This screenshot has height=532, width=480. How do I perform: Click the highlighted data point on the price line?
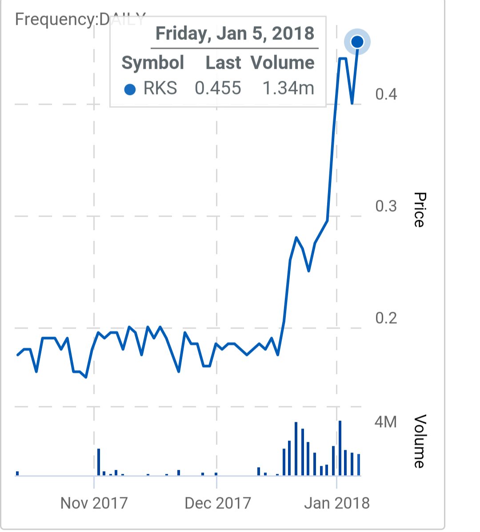click(x=357, y=42)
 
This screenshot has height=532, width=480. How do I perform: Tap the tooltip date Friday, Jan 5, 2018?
click(x=235, y=34)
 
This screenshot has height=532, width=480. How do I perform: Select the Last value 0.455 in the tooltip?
click(x=218, y=88)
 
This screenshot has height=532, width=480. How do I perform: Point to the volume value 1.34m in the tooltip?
click(x=288, y=88)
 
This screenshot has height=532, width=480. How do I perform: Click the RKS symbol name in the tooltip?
click(x=160, y=88)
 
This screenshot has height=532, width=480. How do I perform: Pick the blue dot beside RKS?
click(x=130, y=89)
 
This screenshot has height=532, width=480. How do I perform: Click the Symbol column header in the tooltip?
click(x=152, y=63)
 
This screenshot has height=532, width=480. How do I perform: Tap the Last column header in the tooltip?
click(x=223, y=63)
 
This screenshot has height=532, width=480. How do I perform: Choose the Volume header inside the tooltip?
click(x=282, y=63)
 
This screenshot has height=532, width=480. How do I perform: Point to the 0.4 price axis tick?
click(x=386, y=94)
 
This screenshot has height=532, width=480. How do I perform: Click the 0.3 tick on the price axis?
click(x=386, y=206)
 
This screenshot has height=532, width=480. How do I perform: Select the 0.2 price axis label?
click(x=386, y=318)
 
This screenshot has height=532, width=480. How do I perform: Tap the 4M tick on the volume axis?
click(x=385, y=421)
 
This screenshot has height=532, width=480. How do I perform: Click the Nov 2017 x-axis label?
click(x=94, y=503)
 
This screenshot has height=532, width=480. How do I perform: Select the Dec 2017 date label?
click(x=218, y=503)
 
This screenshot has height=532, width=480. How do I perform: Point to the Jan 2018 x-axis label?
click(x=337, y=503)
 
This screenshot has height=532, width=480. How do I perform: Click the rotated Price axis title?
click(x=419, y=210)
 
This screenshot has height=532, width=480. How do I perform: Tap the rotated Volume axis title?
click(x=419, y=441)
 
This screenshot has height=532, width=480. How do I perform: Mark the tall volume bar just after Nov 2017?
click(x=99, y=462)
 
